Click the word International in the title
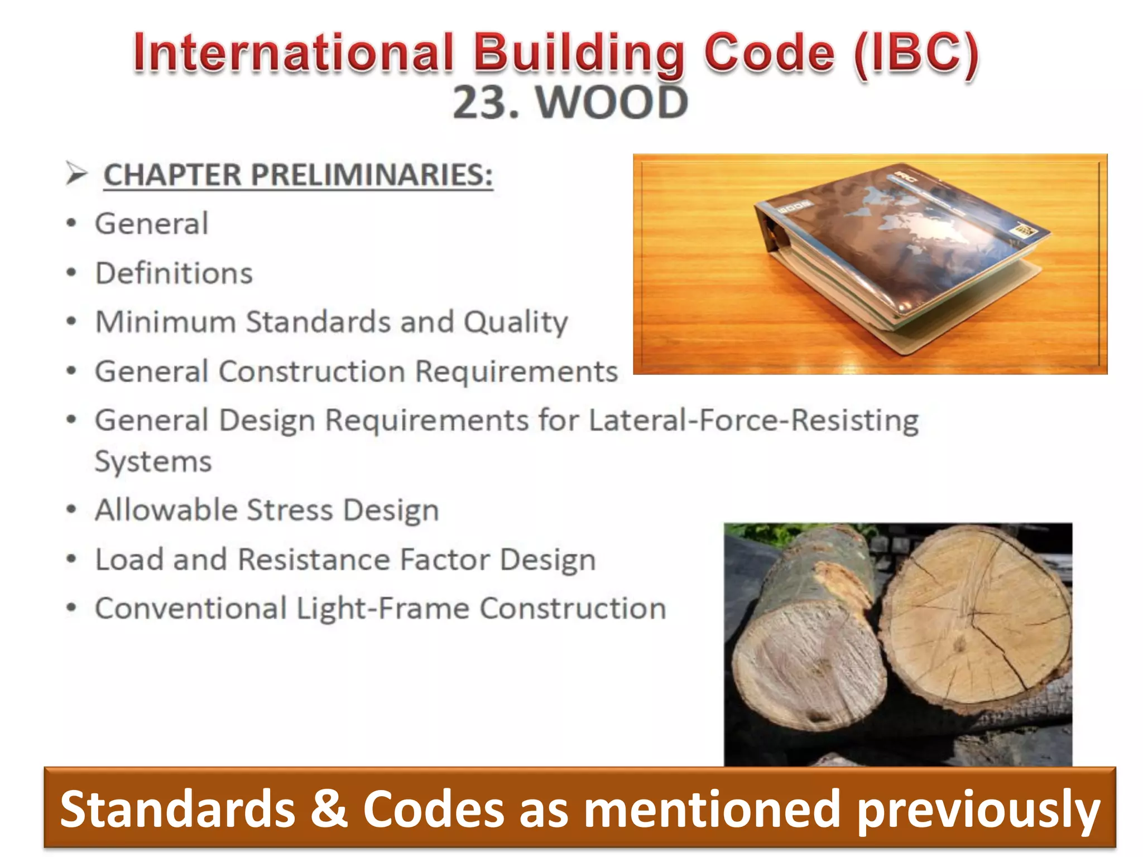pyautogui.click(x=294, y=53)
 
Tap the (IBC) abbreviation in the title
pyautogui.click(x=916, y=53)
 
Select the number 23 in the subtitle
pyautogui.click(x=480, y=103)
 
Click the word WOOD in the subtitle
pyautogui.click(x=612, y=103)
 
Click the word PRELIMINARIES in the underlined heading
pyautogui.click(x=372, y=175)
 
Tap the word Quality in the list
pyautogui.click(x=516, y=322)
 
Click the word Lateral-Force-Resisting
pyautogui.click(x=753, y=420)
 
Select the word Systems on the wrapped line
pyautogui.click(x=153, y=462)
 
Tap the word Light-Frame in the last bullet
pyautogui.click(x=383, y=608)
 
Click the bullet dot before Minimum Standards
pyautogui.click(x=71, y=321)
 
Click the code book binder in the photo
pyautogui.click(x=899, y=257)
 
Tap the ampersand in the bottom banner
pyautogui.click(x=329, y=809)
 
